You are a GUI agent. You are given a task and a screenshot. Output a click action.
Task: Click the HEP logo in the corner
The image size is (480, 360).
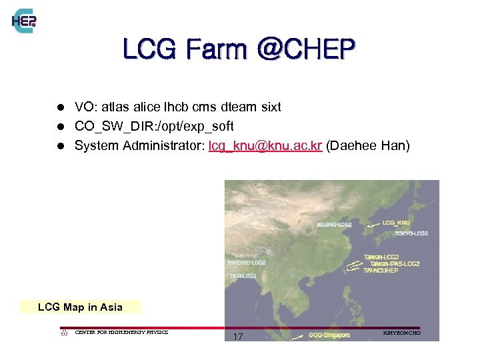click(24, 21)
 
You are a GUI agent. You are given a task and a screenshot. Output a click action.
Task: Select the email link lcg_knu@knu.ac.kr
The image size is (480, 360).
click(265, 145)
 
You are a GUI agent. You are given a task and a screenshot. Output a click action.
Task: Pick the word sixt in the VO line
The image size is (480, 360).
click(269, 107)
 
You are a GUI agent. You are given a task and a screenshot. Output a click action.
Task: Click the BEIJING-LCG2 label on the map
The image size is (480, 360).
click(334, 225)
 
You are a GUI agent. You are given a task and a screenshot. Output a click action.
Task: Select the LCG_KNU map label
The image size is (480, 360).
click(397, 222)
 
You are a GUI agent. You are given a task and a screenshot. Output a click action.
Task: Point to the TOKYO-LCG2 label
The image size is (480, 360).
click(411, 233)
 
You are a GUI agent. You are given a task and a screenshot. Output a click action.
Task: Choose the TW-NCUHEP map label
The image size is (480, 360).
click(381, 271)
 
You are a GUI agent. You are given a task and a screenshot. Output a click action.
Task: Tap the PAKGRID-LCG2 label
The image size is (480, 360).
click(247, 263)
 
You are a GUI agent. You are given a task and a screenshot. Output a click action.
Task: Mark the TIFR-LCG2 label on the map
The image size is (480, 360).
click(243, 275)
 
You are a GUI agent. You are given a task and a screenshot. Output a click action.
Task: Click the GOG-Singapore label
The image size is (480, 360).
click(329, 335)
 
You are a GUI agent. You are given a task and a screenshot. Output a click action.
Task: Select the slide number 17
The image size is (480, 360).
click(238, 337)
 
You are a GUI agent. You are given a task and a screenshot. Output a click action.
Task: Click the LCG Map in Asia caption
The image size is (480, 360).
click(80, 307)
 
